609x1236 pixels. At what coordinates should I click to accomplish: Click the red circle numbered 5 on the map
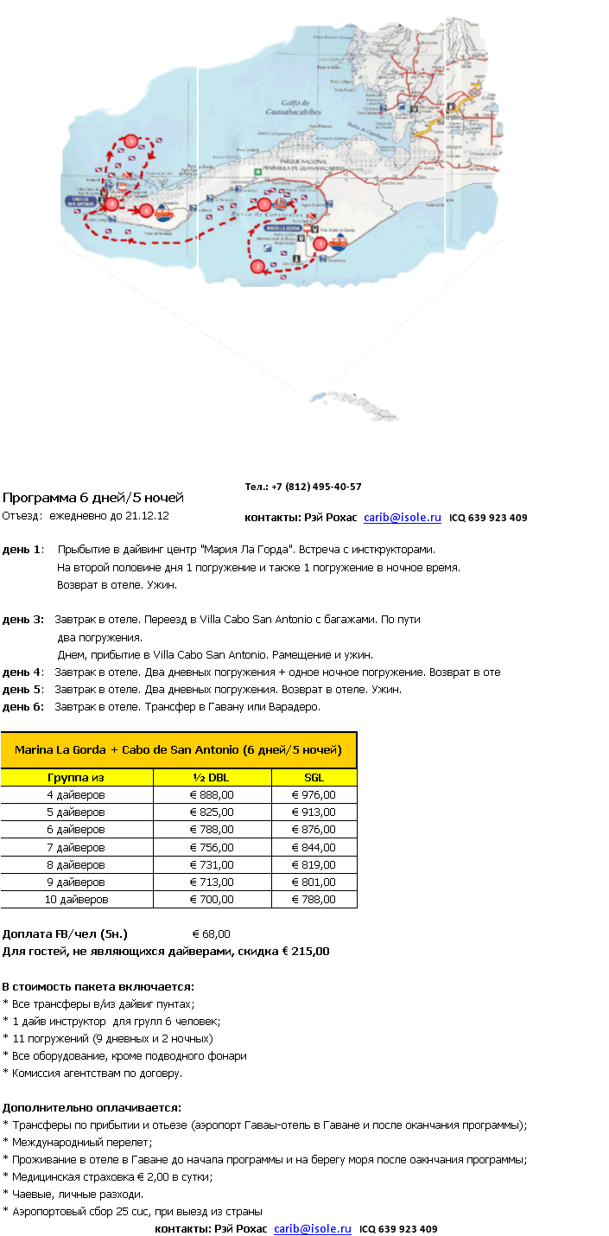point(130,140)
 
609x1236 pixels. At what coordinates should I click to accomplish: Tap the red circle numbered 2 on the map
point(257,266)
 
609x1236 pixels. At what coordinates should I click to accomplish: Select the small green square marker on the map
point(257,172)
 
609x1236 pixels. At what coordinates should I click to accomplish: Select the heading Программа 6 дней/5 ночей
point(93,498)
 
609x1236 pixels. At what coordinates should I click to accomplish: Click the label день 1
point(22,549)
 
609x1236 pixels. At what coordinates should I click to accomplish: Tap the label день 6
point(22,706)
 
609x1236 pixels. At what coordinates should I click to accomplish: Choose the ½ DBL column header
point(212,777)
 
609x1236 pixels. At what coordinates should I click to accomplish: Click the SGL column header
point(314,777)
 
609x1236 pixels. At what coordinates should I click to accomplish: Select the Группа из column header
point(76,777)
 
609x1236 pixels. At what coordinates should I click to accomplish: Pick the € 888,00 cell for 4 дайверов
point(212,794)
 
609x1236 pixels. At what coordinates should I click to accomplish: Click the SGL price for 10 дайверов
point(314,899)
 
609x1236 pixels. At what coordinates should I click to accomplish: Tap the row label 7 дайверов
point(76,847)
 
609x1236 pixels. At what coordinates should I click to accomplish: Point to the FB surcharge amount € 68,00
point(211,933)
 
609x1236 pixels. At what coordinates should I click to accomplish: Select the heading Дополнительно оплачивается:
point(92,1107)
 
